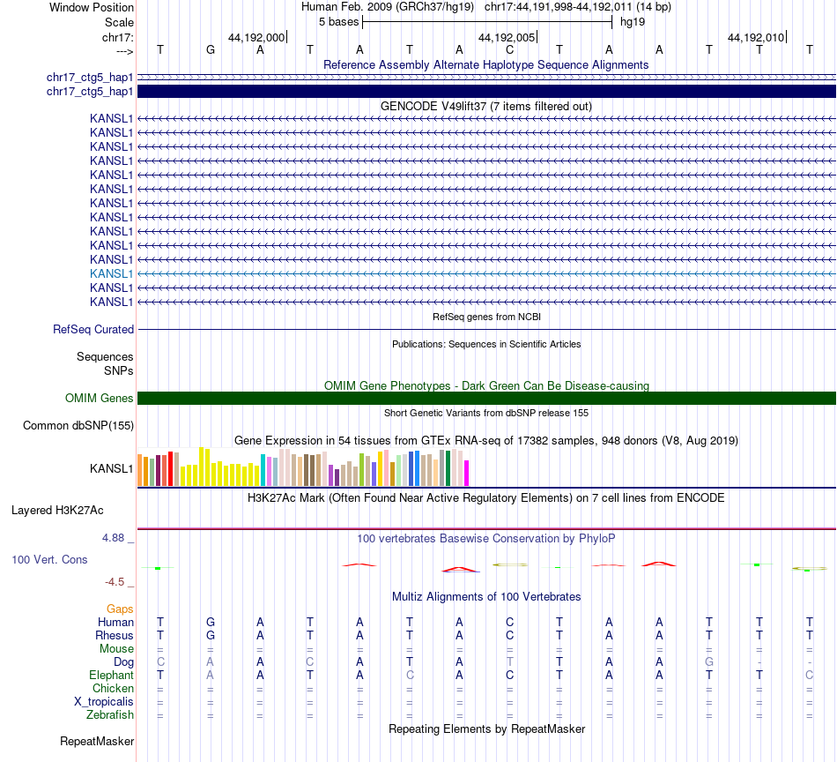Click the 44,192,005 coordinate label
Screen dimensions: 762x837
(506, 37)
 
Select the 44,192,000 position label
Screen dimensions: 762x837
(256, 37)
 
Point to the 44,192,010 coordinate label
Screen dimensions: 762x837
(756, 37)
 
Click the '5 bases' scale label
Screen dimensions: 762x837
(338, 21)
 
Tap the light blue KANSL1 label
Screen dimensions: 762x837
(111, 273)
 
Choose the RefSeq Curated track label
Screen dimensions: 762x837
(93, 329)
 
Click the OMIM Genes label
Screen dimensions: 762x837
(100, 398)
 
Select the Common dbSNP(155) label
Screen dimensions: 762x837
(78, 426)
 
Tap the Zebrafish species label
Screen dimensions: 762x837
(111, 714)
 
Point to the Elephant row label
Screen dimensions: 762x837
(111, 675)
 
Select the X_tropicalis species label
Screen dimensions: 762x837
(104, 701)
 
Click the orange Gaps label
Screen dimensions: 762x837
(120, 609)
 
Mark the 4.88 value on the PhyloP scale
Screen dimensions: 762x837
(117, 537)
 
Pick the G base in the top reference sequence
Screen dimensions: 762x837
(210, 50)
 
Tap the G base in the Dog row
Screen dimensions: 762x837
(708, 661)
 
